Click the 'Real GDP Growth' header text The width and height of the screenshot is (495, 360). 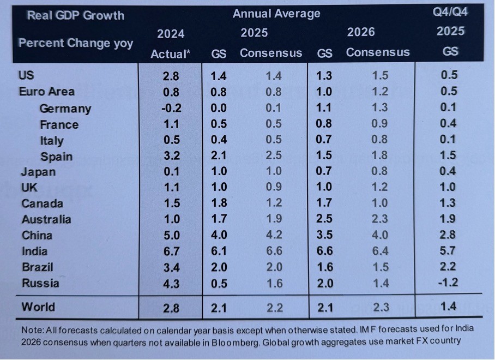(x=76, y=15)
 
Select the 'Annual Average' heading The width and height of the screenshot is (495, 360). (x=276, y=13)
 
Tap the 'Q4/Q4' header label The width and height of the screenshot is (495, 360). (x=450, y=11)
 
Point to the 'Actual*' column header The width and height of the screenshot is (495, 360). (x=171, y=53)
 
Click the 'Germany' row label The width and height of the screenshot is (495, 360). (x=65, y=108)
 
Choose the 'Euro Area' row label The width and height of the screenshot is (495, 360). (x=47, y=92)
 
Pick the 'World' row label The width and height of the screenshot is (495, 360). (x=38, y=307)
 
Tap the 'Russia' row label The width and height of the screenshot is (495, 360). (x=40, y=283)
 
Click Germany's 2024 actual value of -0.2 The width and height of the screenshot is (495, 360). (x=171, y=108)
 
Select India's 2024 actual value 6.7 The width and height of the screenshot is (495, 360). (x=171, y=251)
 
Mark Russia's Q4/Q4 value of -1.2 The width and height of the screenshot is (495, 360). (x=449, y=283)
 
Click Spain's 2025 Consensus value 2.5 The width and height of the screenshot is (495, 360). (x=274, y=156)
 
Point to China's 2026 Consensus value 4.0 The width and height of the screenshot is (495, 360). (x=380, y=236)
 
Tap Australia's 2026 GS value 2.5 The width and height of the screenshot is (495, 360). (x=325, y=220)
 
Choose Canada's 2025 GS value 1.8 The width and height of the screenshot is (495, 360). (x=219, y=203)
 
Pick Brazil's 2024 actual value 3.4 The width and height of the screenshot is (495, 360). (x=171, y=267)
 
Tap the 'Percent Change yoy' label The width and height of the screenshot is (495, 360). (x=76, y=43)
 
